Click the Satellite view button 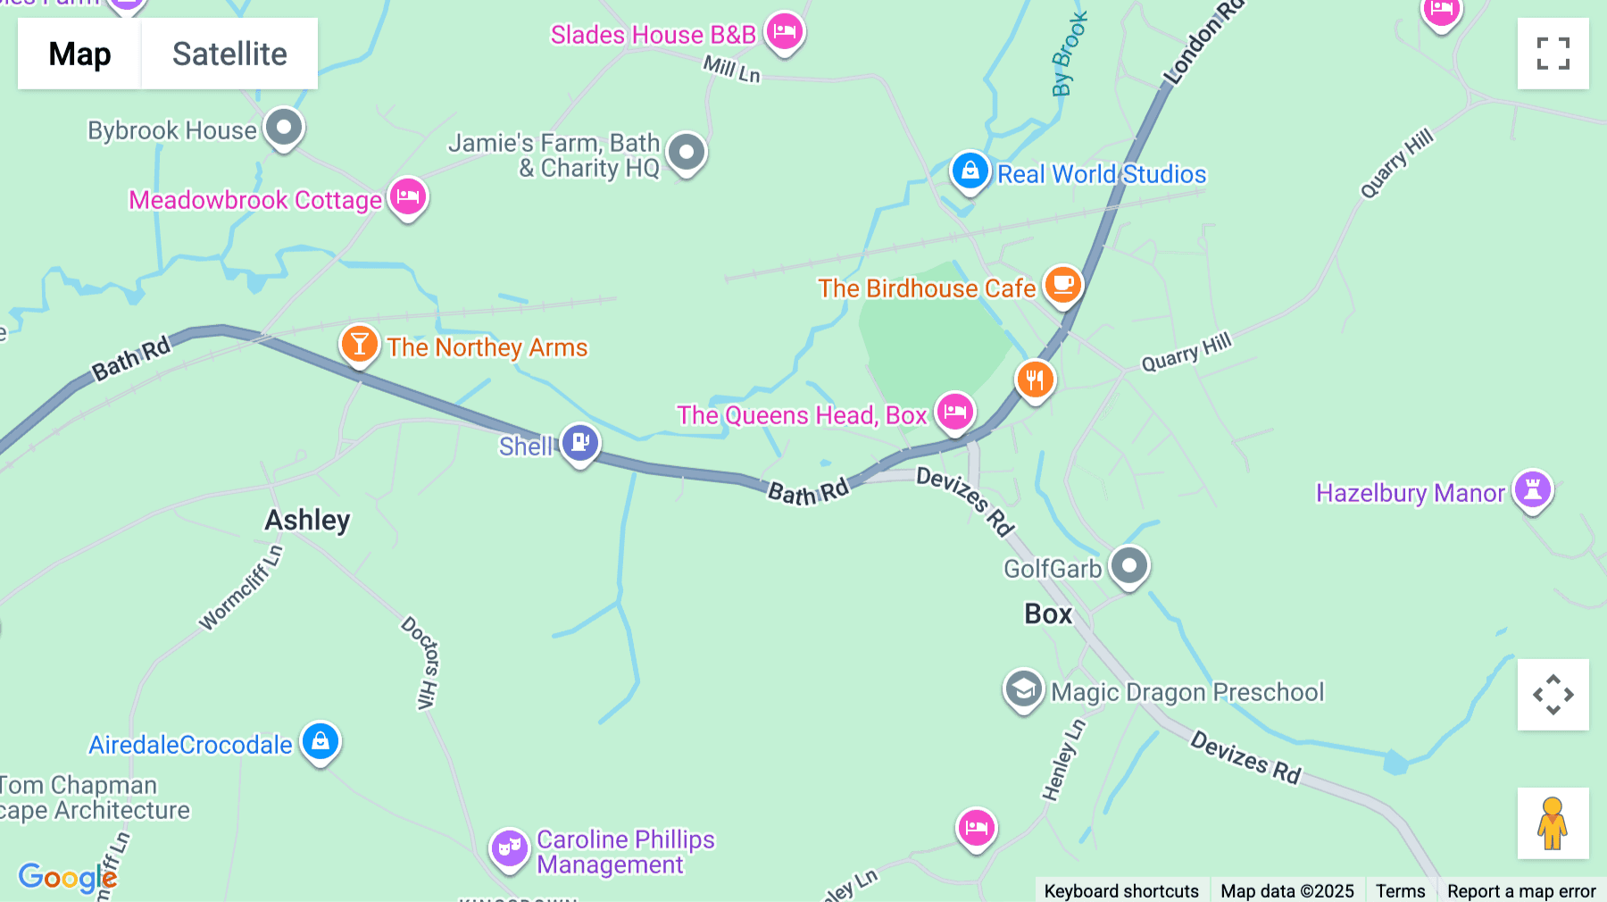(229, 54)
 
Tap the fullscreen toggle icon (1553, 54)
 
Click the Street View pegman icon (1553, 823)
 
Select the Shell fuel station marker (580, 442)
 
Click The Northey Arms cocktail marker (359, 344)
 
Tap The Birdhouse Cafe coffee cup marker (1062, 285)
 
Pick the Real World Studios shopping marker (970, 171)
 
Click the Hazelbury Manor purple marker (1533, 489)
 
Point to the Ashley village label (307, 520)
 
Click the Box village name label (1048, 614)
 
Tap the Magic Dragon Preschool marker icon (1023, 689)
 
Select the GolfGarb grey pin (1128, 565)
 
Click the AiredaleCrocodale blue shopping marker (320, 741)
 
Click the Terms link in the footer (1400, 890)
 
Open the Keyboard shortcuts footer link (1121, 890)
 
